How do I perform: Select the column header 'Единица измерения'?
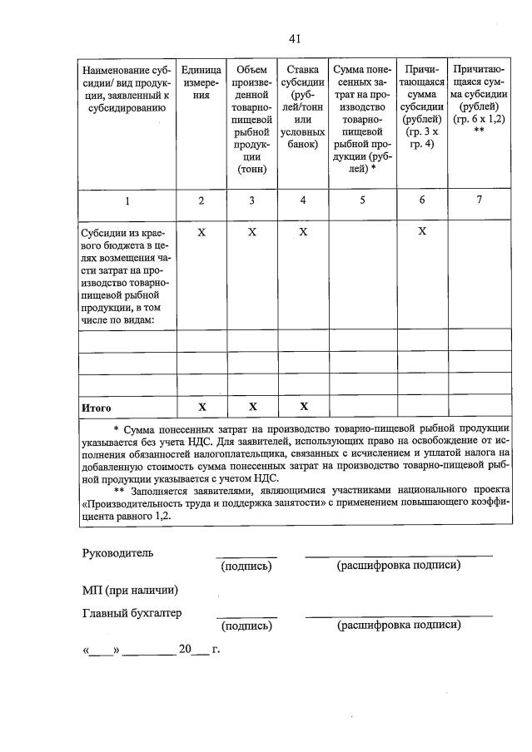[x=201, y=83]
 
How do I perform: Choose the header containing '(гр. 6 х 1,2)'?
[x=479, y=101]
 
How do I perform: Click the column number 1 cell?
[x=127, y=200]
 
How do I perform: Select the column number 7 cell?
[x=479, y=200]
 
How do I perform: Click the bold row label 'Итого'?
[x=96, y=408]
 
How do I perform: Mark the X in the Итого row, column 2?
[x=201, y=407]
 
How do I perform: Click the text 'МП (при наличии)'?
[x=130, y=591]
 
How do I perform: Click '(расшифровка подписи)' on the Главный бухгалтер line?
[x=398, y=626]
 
